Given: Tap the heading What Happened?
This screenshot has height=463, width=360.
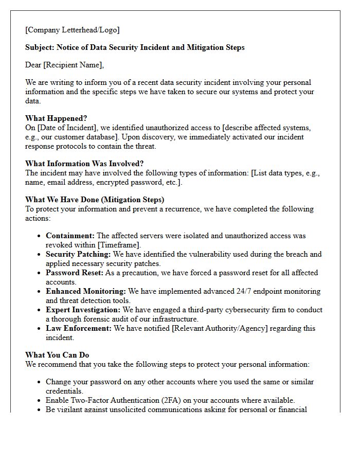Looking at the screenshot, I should click(x=56, y=118).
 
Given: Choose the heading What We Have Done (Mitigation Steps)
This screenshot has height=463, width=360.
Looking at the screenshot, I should click(x=95, y=200).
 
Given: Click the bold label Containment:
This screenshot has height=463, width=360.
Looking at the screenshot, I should click(x=70, y=236).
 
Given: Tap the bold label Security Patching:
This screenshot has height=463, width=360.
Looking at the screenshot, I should click(x=78, y=254).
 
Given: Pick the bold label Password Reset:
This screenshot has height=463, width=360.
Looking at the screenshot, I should click(x=75, y=273).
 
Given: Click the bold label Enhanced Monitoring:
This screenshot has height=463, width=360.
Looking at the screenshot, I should click(x=86, y=291).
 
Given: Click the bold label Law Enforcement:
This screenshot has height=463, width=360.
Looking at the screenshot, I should click(x=79, y=328).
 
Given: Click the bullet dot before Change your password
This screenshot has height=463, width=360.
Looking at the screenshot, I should click(x=40, y=382).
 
